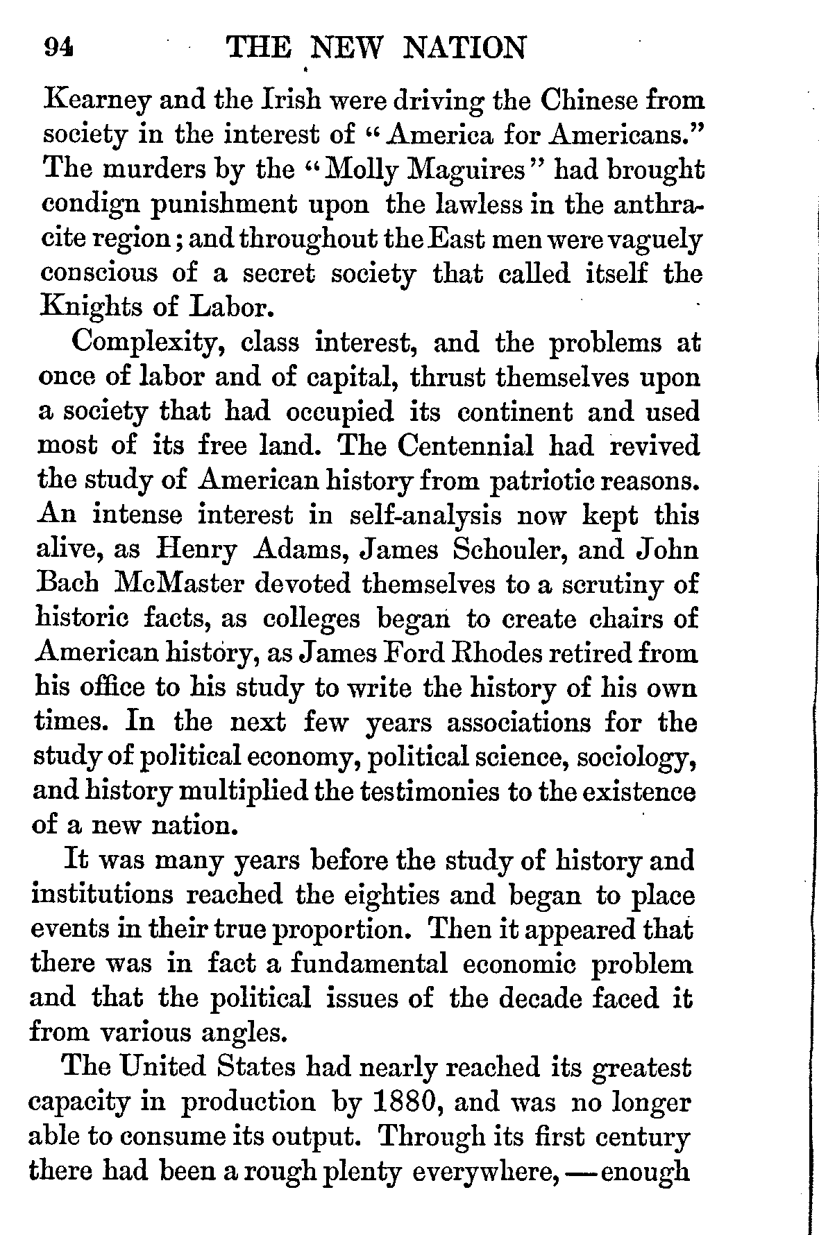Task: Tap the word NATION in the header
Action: (464, 48)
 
